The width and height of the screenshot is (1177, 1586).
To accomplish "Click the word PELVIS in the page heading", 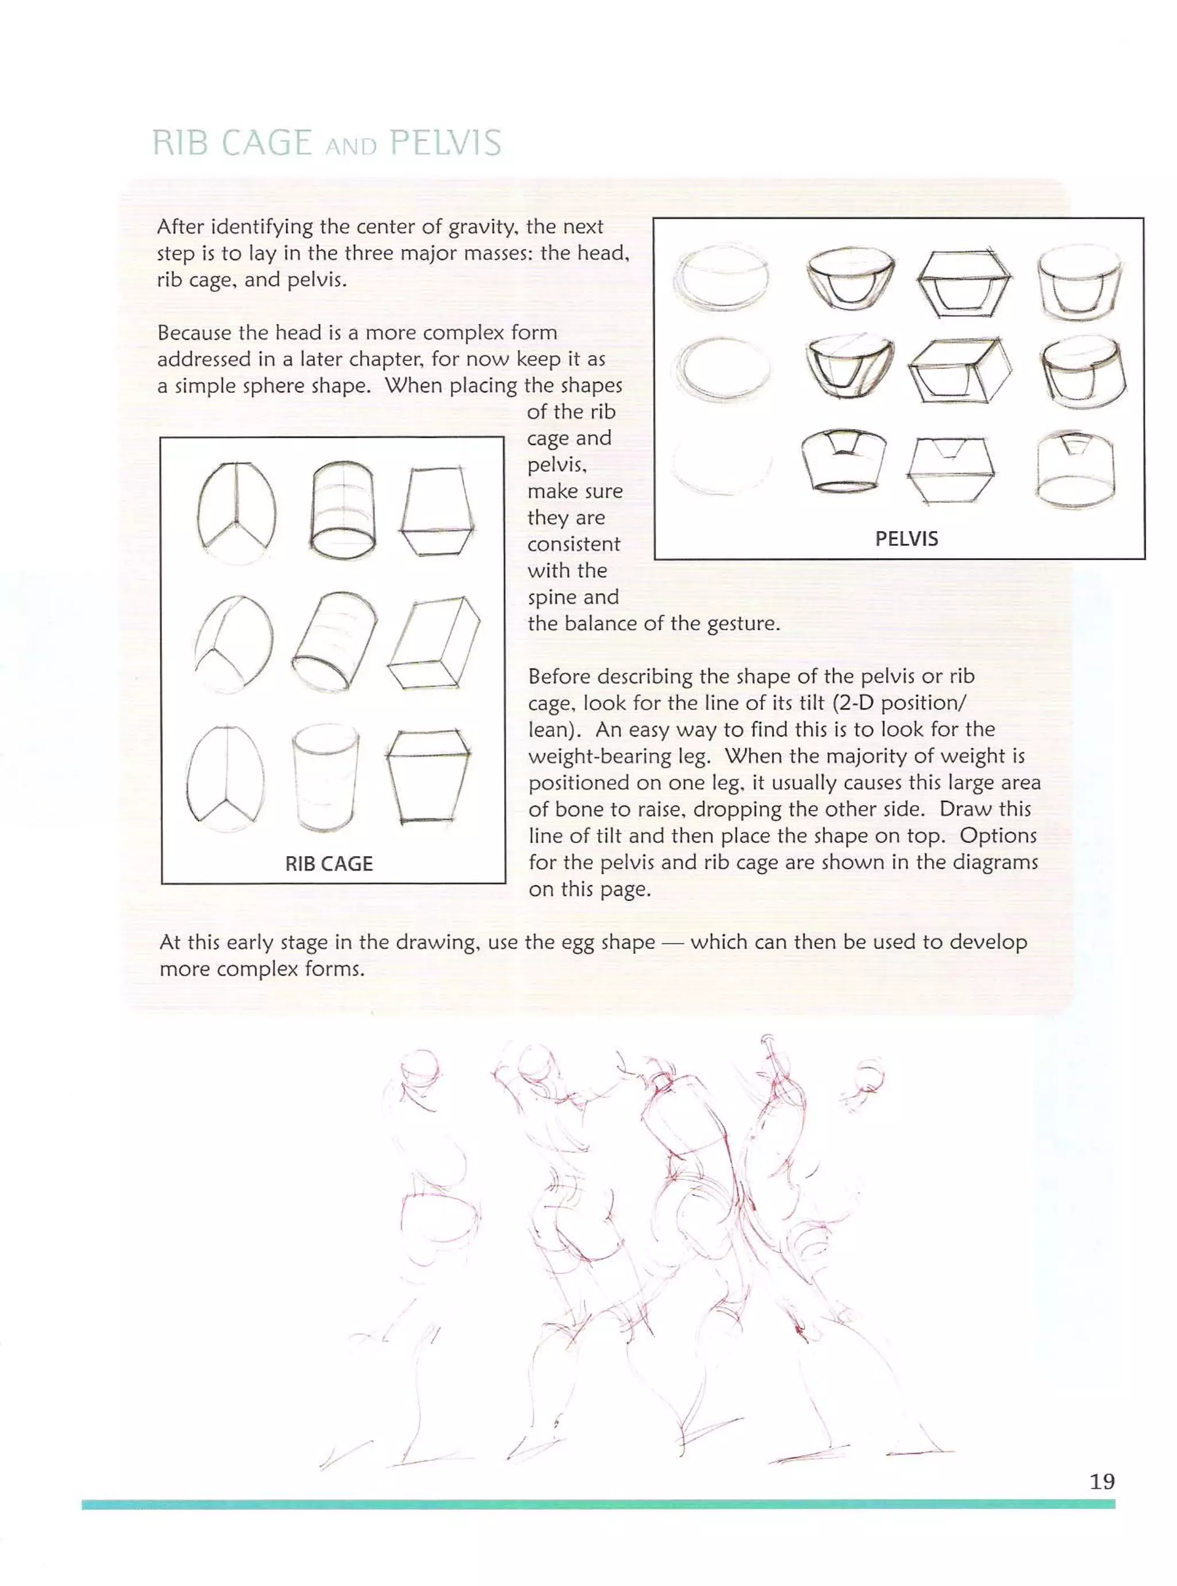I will coord(445,143).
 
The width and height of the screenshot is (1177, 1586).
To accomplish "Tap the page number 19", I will coord(1102,1481).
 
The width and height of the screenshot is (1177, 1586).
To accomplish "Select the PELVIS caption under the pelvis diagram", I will coord(906,538).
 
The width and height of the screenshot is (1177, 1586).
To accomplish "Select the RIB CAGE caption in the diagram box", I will coord(329,863).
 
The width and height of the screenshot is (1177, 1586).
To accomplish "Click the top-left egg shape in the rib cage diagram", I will coord(237,512).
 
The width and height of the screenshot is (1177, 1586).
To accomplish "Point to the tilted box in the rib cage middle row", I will coord(434,643).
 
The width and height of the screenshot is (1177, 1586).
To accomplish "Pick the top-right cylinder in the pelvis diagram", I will coord(1079,283).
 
